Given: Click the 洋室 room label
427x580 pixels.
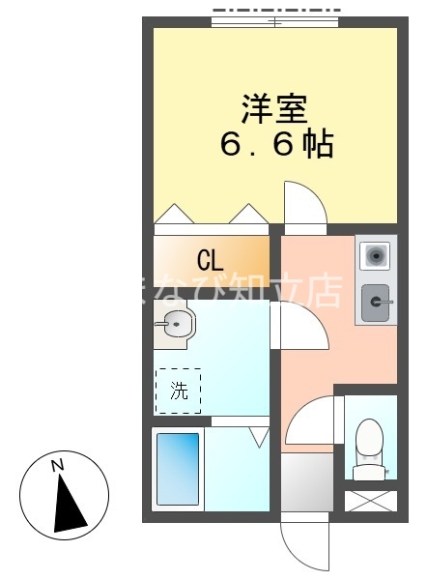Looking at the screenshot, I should (x=273, y=107).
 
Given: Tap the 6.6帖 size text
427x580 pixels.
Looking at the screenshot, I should (x=276, y=145).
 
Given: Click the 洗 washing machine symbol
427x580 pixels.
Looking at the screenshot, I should (x=178, y=391).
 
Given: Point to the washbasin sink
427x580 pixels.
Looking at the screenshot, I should (x=173, y=326).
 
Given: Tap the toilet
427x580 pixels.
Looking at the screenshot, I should (x=370, y=448).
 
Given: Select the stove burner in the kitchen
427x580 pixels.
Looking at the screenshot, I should (x=375, y=256).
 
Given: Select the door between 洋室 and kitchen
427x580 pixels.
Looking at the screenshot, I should (x=305, y=204).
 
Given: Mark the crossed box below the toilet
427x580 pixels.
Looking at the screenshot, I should (x=371, y=501).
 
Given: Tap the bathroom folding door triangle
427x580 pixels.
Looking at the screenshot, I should (x=258, y=437).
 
